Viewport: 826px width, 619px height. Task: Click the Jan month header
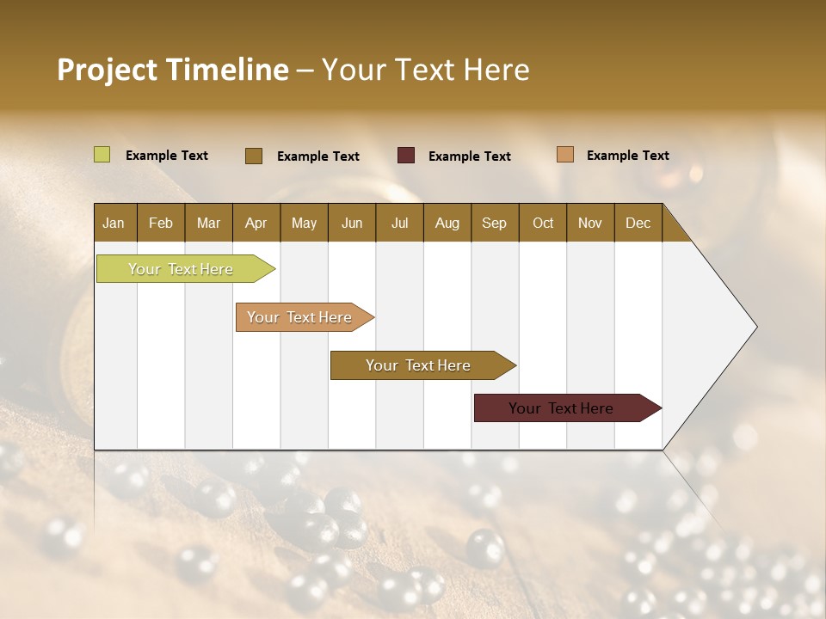point(114,223)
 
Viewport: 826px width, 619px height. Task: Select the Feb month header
point(161,223)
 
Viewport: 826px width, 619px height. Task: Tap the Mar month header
point(208,223)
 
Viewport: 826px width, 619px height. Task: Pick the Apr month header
point(256,223)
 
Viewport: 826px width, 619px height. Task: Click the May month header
point(304,223)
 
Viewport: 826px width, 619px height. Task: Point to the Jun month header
point(352,223)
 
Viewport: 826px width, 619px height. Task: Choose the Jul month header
point(399,223)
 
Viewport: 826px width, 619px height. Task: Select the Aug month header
point(447,223)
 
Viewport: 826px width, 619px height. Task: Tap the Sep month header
point(495,223)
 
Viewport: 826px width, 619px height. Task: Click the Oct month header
point(543,223)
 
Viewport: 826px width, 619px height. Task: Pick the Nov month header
point(590,223)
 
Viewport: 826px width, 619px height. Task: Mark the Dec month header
point(638,223)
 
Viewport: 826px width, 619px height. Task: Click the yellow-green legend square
point(102,155)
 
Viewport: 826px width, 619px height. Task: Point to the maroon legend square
point(406,155)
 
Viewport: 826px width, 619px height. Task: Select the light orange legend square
point(565,155)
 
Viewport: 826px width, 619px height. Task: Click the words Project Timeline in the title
point(172,70)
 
